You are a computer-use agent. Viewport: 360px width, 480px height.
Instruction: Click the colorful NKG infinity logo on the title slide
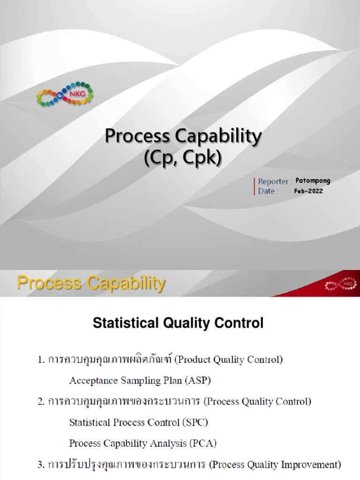[x=65, y=94]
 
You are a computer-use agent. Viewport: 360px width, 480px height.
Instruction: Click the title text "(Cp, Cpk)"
[x=182, y=158]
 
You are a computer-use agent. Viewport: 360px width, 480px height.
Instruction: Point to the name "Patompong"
[x=313, y=181]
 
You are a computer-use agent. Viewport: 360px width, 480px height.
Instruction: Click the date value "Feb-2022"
[x=309, y=191]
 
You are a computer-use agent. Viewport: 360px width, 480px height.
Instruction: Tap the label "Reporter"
[x=274, y=181]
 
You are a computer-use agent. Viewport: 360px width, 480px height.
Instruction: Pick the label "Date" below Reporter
[x=267, y=191]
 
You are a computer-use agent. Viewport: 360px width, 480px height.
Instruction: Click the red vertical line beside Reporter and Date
[x=255, y=186]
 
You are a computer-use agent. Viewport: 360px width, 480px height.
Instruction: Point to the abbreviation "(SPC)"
[x=194, y=422]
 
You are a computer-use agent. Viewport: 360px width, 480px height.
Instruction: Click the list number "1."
[x=41, y=360]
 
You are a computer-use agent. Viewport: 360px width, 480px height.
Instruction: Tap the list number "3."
[x=41, y=465]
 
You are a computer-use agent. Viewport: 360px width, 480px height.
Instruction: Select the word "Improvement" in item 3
[x=311, y=465]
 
